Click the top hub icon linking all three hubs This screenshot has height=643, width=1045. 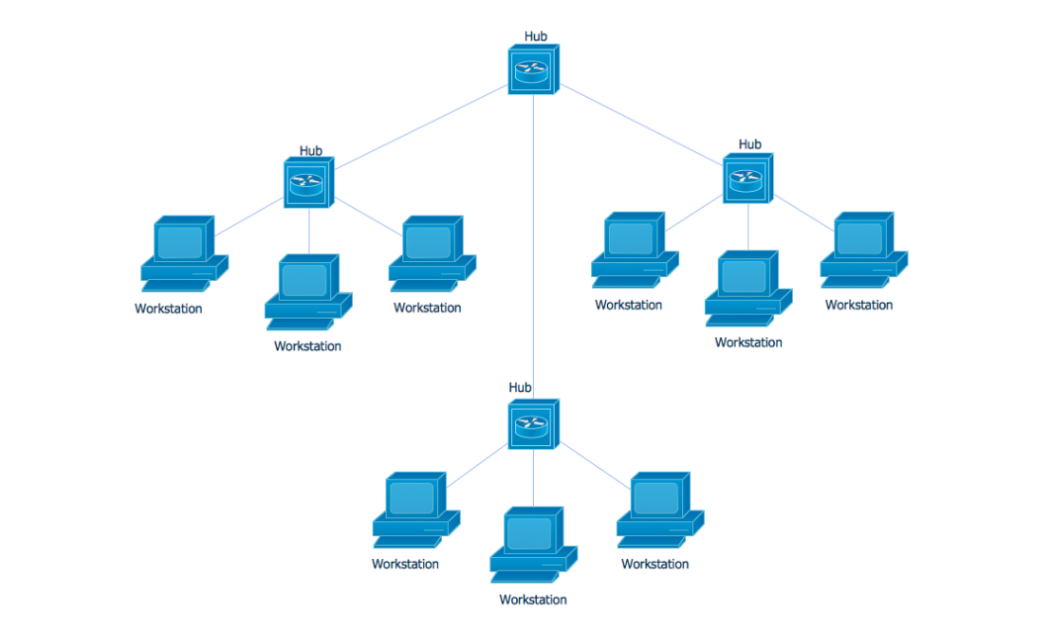click(x=534, y=70)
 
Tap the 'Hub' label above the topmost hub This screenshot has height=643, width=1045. click(x=536, y=37)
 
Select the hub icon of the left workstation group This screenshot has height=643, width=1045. click(x=308, y=183)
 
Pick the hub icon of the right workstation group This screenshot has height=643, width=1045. click(x=747, y=179)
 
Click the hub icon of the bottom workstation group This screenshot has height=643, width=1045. click(x=534, y=425)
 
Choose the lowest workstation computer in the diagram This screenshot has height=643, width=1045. click(x=532, y=544)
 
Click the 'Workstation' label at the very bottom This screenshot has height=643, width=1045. click(x=533, y=599)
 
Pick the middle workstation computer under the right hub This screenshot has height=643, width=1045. click(x=747, y=288)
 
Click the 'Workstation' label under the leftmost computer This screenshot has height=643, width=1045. click(x=168, y=309)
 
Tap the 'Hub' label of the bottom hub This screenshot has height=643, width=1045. click(x=520, y=388)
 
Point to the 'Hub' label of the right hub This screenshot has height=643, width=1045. click(x=749, y=144)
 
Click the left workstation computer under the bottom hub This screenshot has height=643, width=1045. click(x=415, y=509)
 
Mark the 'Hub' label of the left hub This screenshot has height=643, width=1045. click(x=310, y=151)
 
